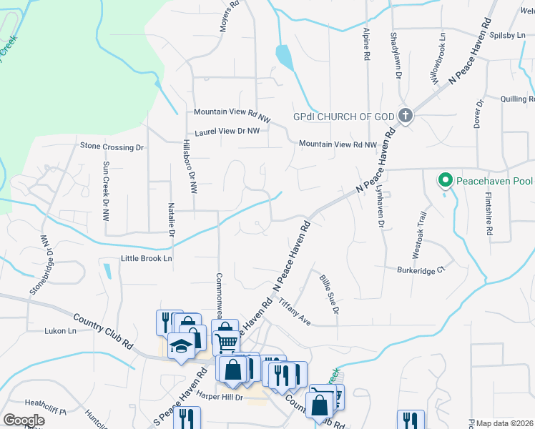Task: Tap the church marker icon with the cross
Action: pyautogui.click(x=406, y=115)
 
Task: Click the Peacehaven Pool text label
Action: pyautogui.click(x=494, y=179)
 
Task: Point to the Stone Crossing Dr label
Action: pyautogui.click(x=112, y=147)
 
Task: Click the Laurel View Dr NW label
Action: pyautogui.click(x=227, y=132)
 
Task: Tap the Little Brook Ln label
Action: pyautogui.click(x=147, y=258)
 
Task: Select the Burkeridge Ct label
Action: pyautogui.click(x=421, y=270)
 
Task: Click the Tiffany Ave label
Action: pyautogui.click(x=295, y=312)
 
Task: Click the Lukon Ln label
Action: pyautogui.click(x=60, y=331)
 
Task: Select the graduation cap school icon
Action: pyautogui.click(x=180, y=347)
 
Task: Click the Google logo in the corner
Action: pyautogui.click(x=24, y=420)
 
